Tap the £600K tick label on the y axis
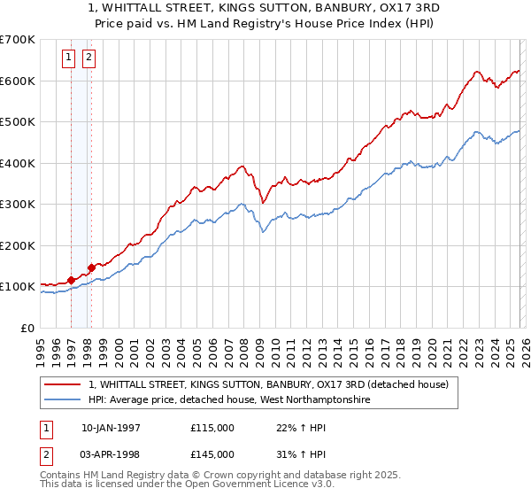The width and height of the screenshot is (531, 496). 17,81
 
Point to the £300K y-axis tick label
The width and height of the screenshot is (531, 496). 17,204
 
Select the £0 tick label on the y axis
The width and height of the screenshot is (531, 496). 26,328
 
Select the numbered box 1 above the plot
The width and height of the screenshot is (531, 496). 69,58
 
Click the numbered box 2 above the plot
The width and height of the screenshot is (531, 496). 89,58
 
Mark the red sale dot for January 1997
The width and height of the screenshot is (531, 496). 71,280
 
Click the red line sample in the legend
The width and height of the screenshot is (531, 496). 63,384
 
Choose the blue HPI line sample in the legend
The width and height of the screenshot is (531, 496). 63,400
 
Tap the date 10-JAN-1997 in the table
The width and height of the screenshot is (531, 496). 111,428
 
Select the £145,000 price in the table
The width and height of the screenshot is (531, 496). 212,454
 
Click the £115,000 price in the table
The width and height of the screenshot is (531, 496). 212,428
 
